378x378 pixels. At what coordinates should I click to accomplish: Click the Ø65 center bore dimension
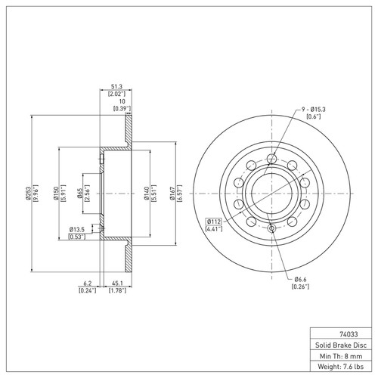click(79, 194)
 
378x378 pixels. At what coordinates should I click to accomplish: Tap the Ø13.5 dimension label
click(77, 228)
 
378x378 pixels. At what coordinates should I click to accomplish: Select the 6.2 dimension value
click(87, 285)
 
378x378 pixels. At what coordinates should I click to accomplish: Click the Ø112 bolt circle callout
click(213, 222)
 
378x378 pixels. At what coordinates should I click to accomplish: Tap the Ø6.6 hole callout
click(301, 279)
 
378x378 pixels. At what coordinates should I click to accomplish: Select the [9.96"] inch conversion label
click(36, 194)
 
